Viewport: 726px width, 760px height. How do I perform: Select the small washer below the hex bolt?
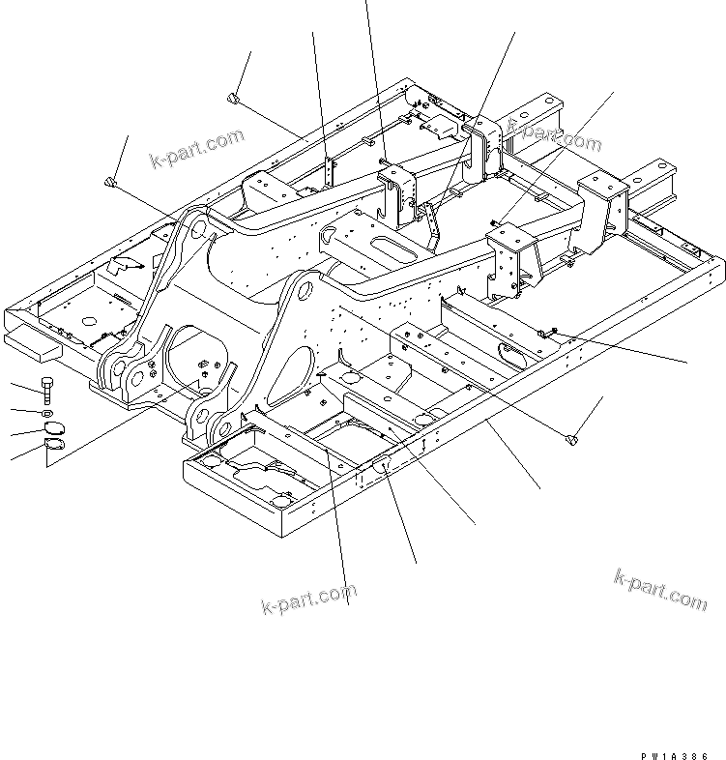click(x=48, y=414)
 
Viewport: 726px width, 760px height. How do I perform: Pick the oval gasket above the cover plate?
click(x=54, y=429)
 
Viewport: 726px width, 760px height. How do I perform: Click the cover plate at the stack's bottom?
click(x=55, y=447)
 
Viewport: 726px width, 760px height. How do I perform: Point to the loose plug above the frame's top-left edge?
click(x=234, y=97)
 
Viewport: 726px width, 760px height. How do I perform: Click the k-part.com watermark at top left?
click(x=197, y=146)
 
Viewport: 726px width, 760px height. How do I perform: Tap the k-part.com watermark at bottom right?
click(x=660, y=589)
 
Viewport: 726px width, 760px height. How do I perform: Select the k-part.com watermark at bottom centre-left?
click(x=309, y=598)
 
